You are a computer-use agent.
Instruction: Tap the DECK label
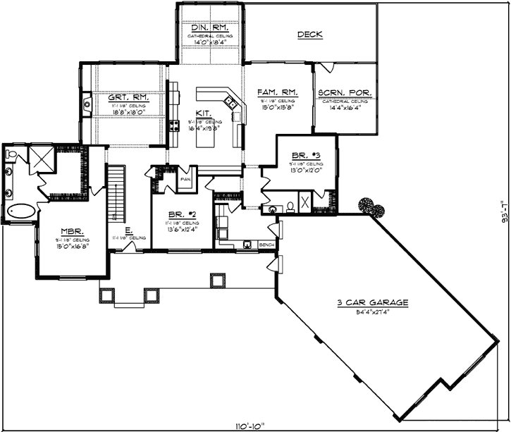coord(310,34)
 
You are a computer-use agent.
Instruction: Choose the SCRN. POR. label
coord(341,92)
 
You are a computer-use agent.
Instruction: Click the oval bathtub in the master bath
coord(20,211)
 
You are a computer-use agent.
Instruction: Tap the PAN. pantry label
coord(186,179)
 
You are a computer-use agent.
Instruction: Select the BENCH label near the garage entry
coord(267,245)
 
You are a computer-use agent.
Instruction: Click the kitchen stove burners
coord(173,126)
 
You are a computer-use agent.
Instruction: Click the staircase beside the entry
coord(115,192)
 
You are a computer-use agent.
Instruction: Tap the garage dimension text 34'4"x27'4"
coord(372,311)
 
